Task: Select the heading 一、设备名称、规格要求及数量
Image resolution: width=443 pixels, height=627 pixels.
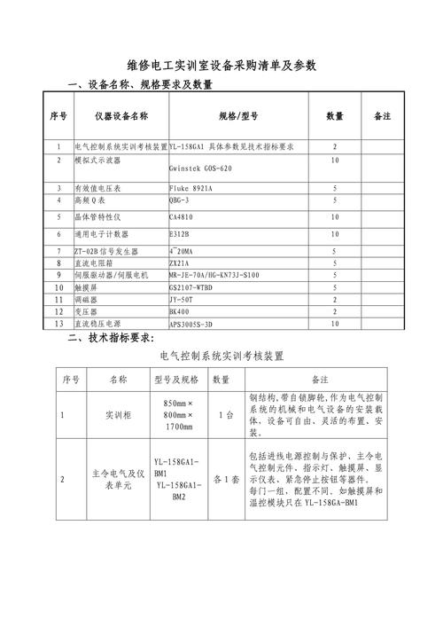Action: pyautogui.click(x=141, y=85)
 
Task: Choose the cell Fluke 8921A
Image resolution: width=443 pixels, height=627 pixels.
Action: pyautogui.click(x=190, y=189)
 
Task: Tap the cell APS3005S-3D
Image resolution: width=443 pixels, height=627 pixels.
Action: pyautogui.click(x=192, y=325)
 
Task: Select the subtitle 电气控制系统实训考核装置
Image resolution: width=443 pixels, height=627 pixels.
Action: pyautogui.click(x=222, y=357)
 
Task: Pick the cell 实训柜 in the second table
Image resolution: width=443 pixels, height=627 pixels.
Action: pyautogui.click(x=118, y=414)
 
